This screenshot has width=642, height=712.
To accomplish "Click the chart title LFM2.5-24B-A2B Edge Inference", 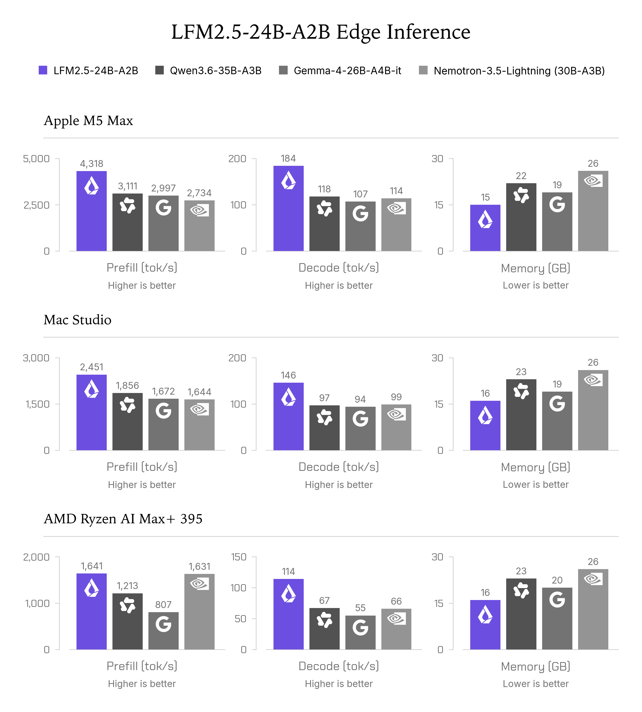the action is point(321,32).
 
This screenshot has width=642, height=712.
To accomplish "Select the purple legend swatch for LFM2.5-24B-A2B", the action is point(43,70).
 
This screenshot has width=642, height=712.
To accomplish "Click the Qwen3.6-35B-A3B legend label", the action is point(216,71).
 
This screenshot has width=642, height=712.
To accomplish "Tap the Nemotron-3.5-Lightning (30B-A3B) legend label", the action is point(519,71).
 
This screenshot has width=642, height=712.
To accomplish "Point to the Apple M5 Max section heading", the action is point(88,121).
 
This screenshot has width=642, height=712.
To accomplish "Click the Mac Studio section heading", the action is point(78,319).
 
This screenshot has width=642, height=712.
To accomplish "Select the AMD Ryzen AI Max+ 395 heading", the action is point(123,519).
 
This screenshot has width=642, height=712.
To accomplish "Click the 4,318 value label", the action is point(92,164).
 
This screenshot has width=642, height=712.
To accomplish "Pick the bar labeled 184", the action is point(289,208).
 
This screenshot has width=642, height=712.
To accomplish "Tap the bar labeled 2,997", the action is point(163,223).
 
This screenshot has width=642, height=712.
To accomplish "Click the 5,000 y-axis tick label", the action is point(36,159).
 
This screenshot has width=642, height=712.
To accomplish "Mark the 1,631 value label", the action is point(199,566).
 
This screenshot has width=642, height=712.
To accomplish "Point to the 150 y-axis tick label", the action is point(238,557).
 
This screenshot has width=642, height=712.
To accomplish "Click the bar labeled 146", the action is point(289,417).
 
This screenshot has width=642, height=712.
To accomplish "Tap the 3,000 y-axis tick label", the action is point(36,358).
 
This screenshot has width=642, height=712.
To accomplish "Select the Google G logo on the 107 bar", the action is point(360,214).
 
